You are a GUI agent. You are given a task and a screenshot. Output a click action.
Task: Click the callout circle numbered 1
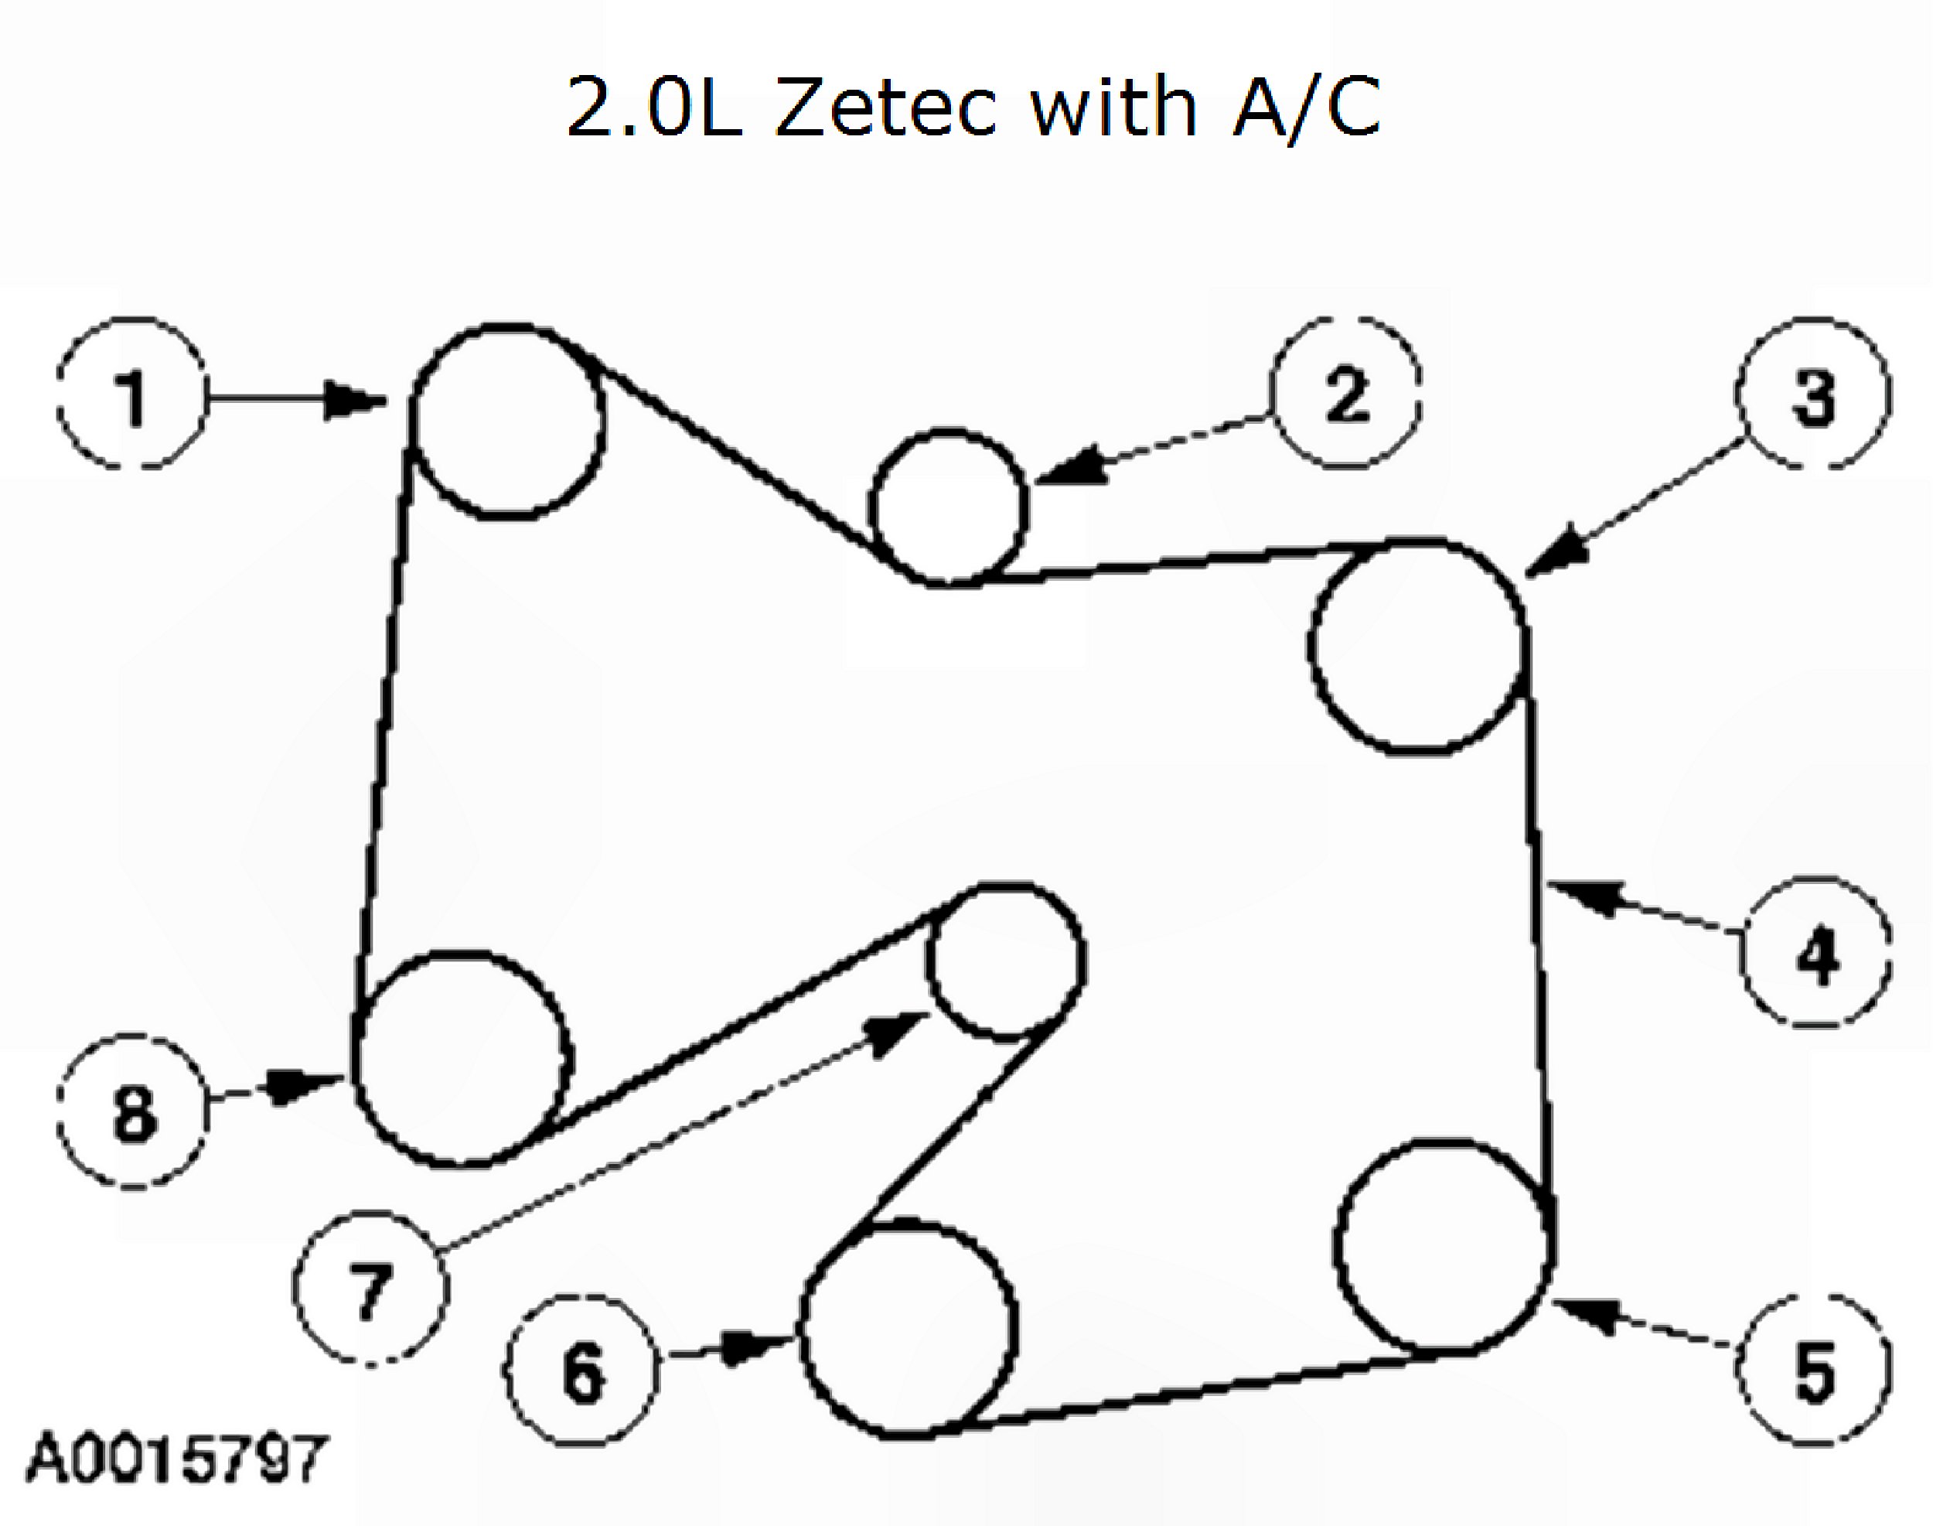tap(132, 393)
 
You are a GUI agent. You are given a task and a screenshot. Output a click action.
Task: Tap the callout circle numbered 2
tap(1346, 393)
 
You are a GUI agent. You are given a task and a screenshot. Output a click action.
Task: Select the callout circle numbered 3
tap(1813, 393)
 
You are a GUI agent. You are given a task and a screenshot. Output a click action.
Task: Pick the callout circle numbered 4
tap(1816, 954)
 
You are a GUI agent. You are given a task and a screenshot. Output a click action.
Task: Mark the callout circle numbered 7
tap(370, 1289)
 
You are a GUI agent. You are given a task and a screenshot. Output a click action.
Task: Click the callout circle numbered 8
tap(132, 1112)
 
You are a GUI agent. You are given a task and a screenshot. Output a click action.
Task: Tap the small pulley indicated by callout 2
tap(949, 507)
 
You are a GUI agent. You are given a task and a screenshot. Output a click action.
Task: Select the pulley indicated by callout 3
tap(1416, 645)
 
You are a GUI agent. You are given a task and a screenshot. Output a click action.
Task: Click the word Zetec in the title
tap(885, 108)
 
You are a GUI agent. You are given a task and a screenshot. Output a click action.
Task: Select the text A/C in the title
tap(1306, 108)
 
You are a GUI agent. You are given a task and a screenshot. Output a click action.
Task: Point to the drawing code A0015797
tap(176, 1459)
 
